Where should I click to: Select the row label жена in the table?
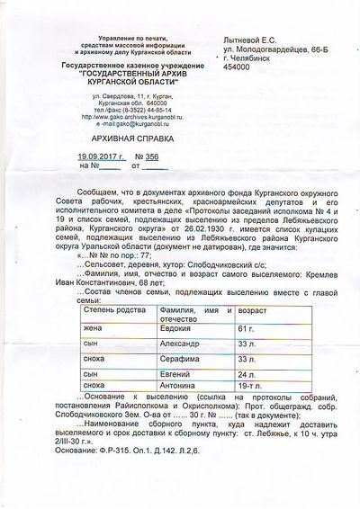click(90, 329)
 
